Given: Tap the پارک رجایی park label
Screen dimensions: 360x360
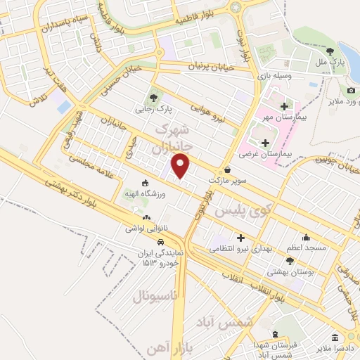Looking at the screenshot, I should [154, 110].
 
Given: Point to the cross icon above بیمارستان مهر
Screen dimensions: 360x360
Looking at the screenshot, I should [284, 106].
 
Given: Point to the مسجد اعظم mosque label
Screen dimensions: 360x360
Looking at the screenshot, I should [305, 249].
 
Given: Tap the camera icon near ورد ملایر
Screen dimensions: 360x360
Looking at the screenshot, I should [351, 90].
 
